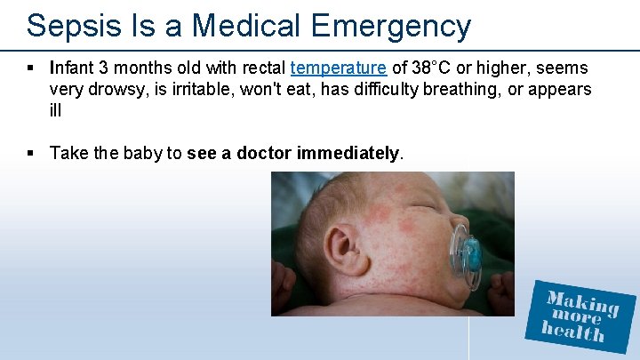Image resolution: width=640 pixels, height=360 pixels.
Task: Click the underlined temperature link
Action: click(338, 68)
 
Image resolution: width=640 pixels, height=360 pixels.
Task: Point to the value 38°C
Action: click(428, 68)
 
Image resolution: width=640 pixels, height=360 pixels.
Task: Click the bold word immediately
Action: click(348, 153)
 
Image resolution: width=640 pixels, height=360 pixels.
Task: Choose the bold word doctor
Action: click(263, 153)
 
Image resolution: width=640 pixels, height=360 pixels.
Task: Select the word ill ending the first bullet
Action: click(55, 111)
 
